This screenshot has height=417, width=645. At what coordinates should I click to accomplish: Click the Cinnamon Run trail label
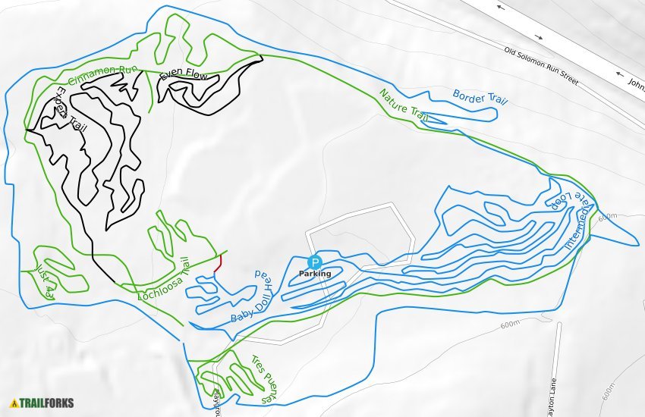103,75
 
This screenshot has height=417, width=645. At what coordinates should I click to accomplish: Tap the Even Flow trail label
184,76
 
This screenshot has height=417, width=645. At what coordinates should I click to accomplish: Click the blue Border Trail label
480,98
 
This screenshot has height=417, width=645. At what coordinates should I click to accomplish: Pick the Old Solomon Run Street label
541,66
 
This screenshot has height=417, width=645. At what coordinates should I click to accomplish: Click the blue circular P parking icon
315,262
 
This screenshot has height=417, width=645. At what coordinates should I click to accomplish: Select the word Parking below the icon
314,274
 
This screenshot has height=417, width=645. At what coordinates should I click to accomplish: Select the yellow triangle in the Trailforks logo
14,403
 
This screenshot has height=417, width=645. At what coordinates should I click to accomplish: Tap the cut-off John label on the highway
636,84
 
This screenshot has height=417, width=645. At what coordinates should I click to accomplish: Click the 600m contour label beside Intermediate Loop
607,218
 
